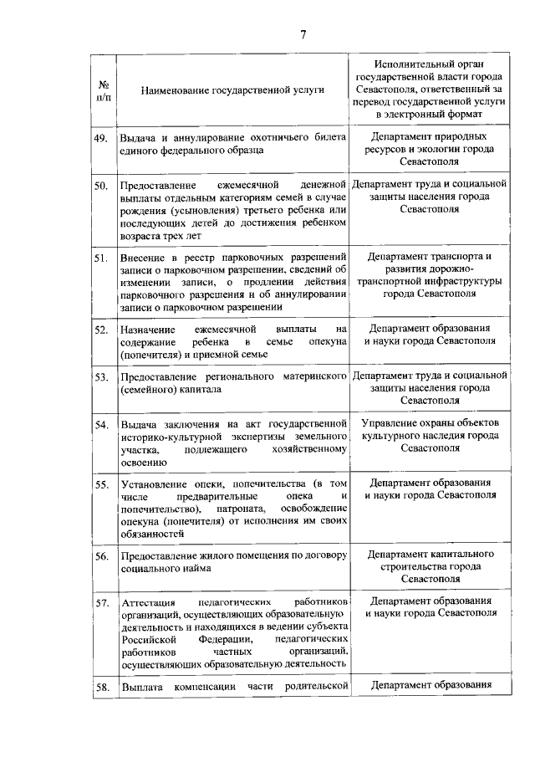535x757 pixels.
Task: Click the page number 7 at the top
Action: pyautogui.click(x=303, y=34)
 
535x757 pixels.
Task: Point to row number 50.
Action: pyautogui.click(x=101, y=185)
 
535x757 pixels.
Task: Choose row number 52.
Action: pyautogui.click(x=101, y=330)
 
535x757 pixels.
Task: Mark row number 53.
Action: pyautogui.click(x=101, y=377)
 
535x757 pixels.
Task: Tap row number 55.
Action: pyautogui.click(x=101, y=485)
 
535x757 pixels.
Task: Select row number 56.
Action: pyautogui.click(x=101, y=556)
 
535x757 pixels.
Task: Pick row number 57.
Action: pyautogui.click(x=101, y=603)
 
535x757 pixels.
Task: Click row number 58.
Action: pyautogui.click(x=101, y=688)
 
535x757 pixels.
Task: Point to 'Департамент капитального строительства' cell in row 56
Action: pyautogui.click(x=430, y=566)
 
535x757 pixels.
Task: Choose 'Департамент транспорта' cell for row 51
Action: pyautogui.click(x=430, y=275)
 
